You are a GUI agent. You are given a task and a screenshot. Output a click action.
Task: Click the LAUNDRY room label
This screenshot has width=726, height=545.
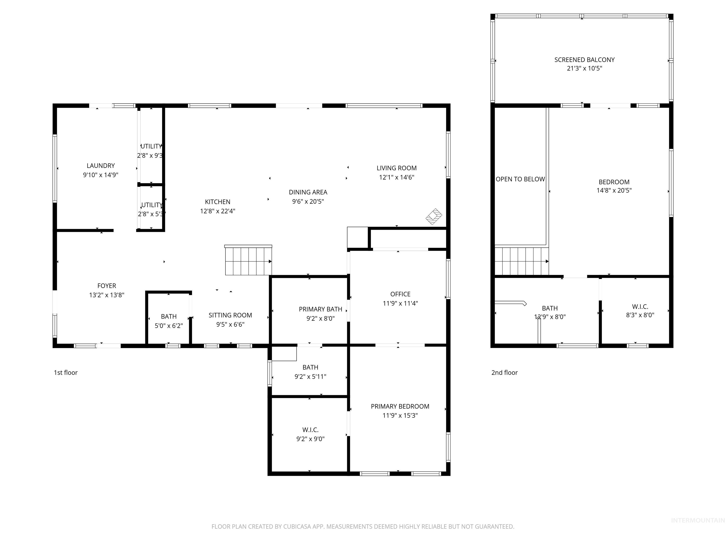coord(100,166)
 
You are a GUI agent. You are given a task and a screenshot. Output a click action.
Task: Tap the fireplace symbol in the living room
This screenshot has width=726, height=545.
coord(434,216)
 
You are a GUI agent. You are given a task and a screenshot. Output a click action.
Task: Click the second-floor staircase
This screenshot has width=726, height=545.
coord(521,261)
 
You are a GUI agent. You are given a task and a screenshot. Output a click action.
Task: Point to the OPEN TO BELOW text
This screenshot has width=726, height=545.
coord(520,179)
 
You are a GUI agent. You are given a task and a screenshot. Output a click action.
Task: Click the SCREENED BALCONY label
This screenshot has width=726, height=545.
coord(584,60)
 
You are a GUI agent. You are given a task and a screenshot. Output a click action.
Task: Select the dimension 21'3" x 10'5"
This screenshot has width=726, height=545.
coord(584,68)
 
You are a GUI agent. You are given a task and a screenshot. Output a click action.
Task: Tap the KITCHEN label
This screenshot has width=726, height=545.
coord(218,202)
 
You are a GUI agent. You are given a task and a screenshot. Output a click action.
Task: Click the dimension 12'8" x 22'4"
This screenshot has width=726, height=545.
coord(218,211)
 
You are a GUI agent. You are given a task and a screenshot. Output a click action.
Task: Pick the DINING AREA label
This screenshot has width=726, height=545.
coord(308,192)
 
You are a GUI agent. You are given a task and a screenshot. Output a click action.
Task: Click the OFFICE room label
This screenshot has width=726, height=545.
coord(400,294)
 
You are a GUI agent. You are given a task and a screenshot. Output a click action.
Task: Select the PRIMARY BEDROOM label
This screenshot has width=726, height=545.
coord(400,406)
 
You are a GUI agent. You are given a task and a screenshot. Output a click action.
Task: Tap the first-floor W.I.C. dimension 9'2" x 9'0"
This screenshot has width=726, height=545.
coord(310,439)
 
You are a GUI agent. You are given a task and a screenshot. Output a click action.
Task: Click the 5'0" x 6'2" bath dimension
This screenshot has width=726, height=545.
coord(169,325)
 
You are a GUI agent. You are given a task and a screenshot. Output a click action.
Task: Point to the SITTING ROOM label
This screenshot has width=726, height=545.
coord(230,315)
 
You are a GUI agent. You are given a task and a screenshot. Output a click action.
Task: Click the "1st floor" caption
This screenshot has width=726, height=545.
coord(66,373)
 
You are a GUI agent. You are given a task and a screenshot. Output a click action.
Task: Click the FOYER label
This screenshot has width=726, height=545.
coord(107,286)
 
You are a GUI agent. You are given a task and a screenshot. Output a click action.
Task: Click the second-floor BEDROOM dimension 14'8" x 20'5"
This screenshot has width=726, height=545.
coord(614,190)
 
